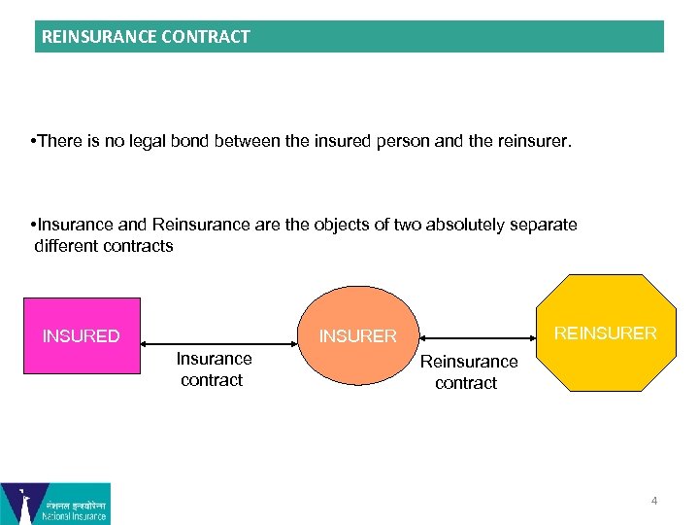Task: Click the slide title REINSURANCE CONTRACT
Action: click(x=146, y=37)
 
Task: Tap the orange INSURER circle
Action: click(x=358, y=336)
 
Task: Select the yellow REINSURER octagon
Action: click(x=606, y=333)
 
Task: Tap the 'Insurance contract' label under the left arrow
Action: click(x=214, y=369)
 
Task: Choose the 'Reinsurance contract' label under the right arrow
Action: click(x=468, y=372)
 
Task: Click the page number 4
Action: click(x=654, y=501)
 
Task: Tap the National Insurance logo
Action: click(x=55, y=504)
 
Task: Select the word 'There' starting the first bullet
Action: click(x=59, y=142)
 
